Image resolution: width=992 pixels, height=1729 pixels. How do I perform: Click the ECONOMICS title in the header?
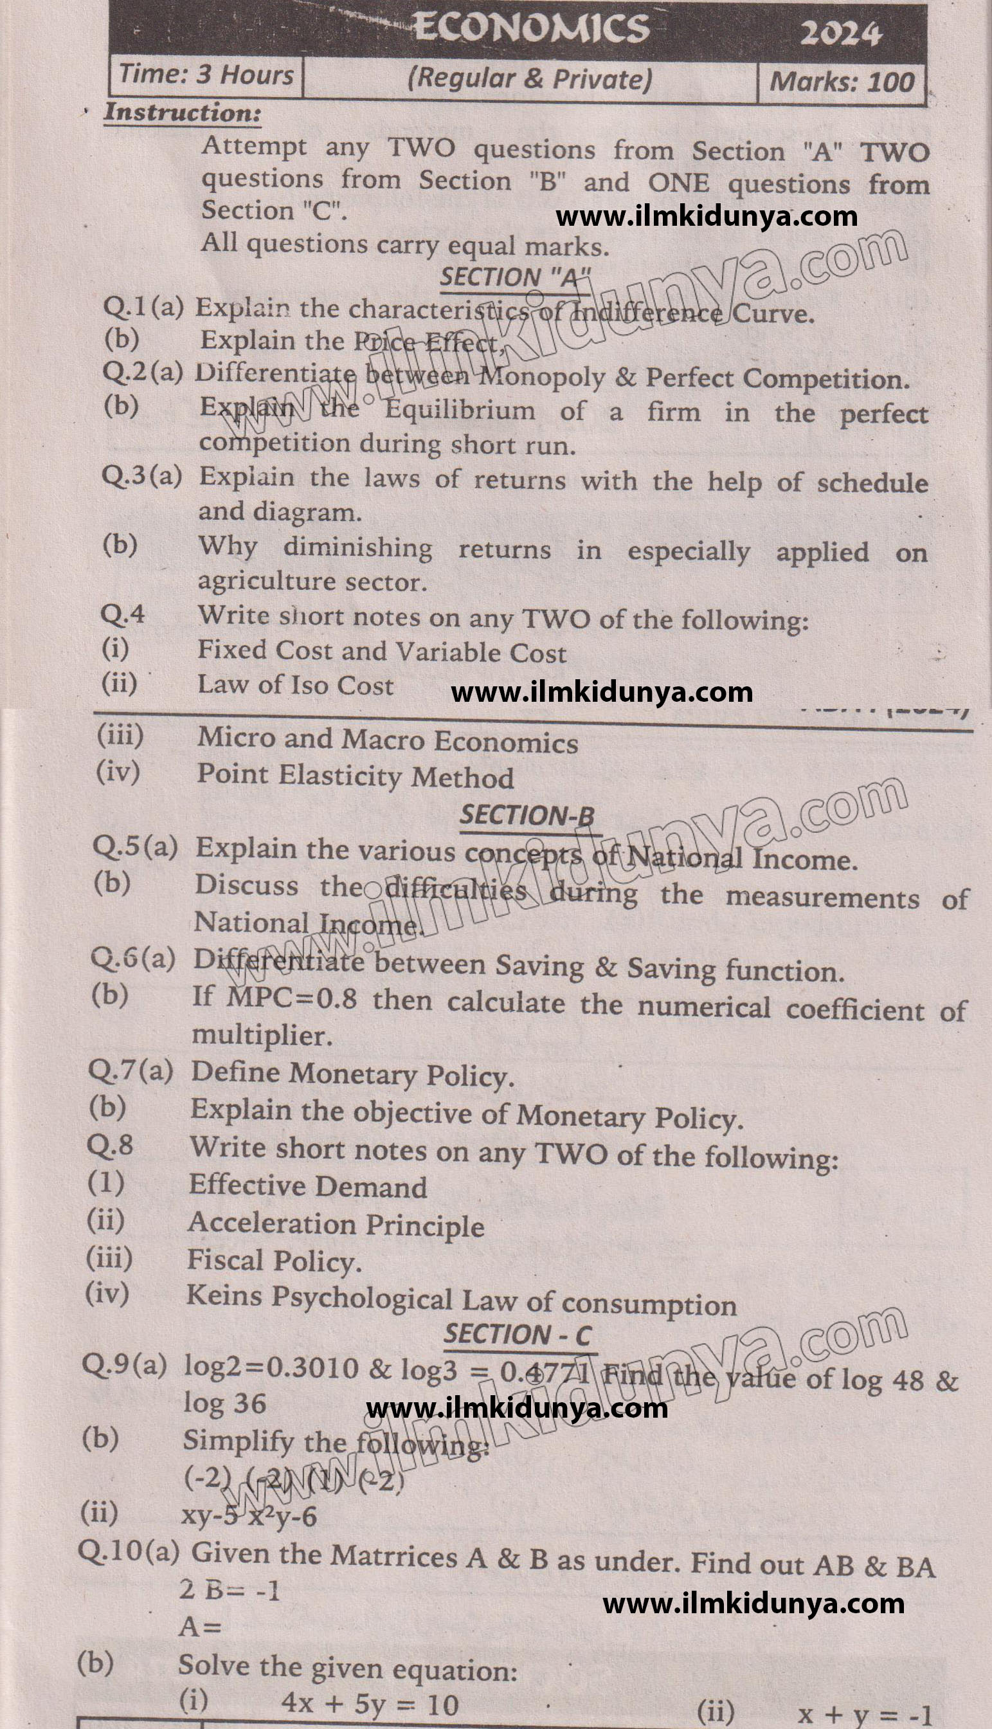(531, 28)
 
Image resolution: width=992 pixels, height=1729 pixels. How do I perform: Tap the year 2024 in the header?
(840, 33)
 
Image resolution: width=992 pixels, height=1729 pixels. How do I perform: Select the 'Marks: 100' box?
(841, 82)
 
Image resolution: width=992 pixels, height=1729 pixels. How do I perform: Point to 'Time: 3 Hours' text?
(206, 74)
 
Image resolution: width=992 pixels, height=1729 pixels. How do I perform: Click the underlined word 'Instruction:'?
(182, 113)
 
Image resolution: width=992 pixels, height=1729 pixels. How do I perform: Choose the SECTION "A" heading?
(514, 277)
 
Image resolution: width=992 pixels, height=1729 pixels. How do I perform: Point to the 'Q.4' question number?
(123, 614)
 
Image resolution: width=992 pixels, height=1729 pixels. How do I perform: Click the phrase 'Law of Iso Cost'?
(295, 685)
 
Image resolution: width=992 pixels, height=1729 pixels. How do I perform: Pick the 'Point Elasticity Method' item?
(355, 776)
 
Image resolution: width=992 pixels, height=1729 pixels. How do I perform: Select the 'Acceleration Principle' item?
(336, 1225)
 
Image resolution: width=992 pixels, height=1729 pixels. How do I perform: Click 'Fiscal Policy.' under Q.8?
(274, 1261)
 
